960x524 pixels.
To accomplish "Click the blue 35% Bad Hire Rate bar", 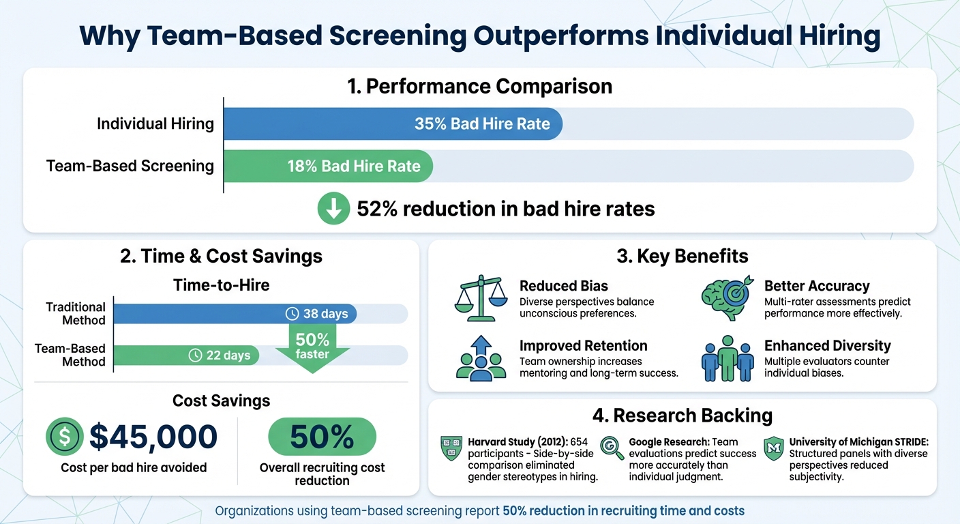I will [x=393, y=124].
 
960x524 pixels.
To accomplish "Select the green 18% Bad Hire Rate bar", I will [x=328, y=166].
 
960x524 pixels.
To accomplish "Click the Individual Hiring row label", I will [x=155, y=124].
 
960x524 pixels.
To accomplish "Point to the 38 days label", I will [x=317, y=314].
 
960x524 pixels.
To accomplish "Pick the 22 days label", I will [x=220, y=355].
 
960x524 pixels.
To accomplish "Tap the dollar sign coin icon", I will [x=64, y=437].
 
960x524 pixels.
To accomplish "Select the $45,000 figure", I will [x=153, y=437].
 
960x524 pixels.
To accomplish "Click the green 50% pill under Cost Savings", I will [x=322, y=437].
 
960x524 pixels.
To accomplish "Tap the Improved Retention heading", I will [x=583, y=345].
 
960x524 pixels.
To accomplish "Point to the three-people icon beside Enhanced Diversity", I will [x=727, y=358].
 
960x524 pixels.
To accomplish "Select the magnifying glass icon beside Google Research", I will [x=612, y=448].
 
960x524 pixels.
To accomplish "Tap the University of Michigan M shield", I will [x=773, y=449].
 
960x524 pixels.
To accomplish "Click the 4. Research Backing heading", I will [x=682, y=415].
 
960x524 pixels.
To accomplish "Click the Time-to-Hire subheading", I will [x=222, y=285].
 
